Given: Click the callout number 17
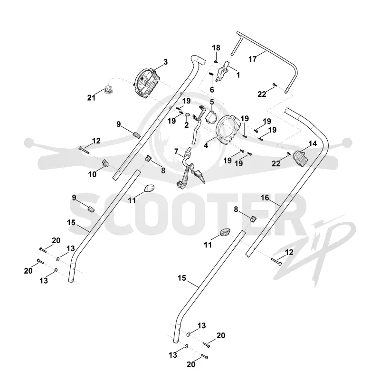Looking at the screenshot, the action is click(x=252, y=59).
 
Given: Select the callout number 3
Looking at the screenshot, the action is click(x=165, y=62).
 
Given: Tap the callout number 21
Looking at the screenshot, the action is click(x=91, y=98).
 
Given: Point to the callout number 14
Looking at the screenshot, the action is click(x=313, y=144).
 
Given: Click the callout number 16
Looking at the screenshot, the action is click(x=265, y=198).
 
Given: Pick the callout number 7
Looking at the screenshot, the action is click(x=176, y=152).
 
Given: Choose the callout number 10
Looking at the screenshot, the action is click(x=92, y=174).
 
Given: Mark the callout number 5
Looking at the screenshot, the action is click(x=212, y=102).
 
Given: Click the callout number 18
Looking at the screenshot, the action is click(x=216, y=48).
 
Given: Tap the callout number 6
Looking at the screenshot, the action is click(x=212, y=90).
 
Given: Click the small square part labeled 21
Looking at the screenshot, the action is click(x=108, y=89).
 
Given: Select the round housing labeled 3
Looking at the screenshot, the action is click(x=147, y=83).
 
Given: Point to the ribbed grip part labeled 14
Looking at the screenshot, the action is click(x=301, y=159).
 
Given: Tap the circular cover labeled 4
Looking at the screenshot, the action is click(x=228, y=130).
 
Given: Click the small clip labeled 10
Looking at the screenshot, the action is click(x=104, y=163).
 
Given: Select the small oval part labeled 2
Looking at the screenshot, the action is click(x=187, y=114).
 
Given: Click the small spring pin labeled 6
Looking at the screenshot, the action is click(x=211, y=74).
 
